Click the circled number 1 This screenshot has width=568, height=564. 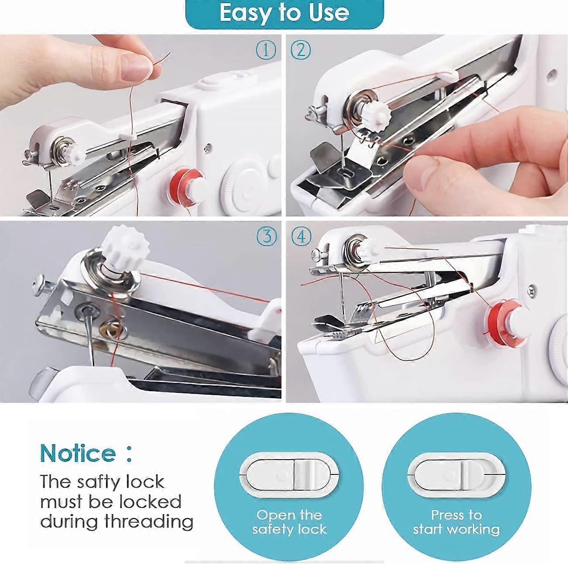266,51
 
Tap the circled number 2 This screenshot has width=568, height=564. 300,51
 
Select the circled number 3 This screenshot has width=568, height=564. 267,236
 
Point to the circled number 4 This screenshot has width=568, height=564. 301,237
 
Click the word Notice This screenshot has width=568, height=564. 78,453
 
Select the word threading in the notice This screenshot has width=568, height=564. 149,521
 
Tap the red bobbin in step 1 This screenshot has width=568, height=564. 180,183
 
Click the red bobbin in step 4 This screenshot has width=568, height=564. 498,318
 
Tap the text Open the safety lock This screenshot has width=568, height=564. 289,522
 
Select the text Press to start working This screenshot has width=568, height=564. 456,522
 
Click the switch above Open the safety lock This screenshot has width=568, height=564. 289,474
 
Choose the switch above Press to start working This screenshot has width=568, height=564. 456,474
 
